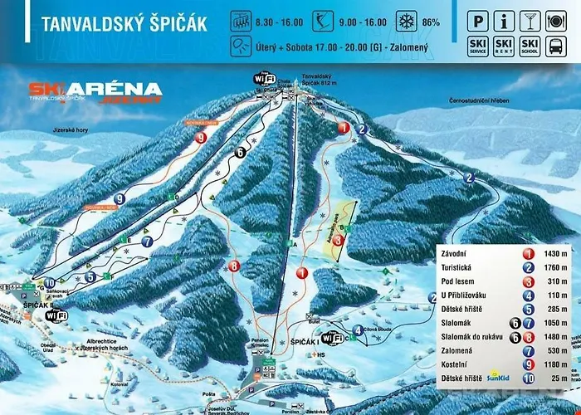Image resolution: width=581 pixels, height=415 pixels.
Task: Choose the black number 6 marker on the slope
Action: (240, 152)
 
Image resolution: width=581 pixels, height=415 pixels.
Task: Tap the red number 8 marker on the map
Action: (235, 266)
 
